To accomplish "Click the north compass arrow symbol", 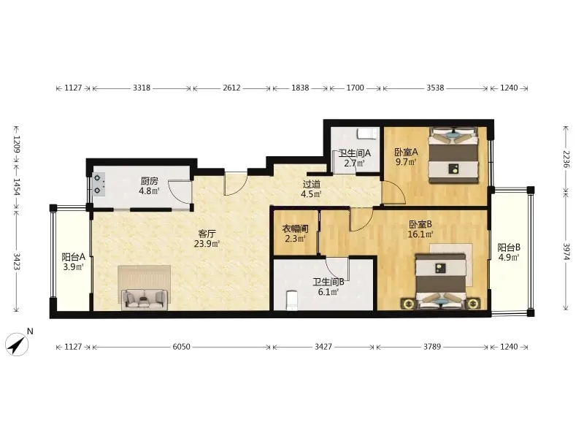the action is point(17,345).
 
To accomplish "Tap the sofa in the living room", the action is point(145,299).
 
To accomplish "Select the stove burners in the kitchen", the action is point(99,185).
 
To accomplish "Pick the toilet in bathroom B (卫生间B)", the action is point(291,300).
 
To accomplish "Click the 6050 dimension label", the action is point(181,347).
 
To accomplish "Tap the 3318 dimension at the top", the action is point(142,88).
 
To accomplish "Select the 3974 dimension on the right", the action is point(566,253).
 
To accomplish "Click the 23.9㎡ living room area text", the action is point(207,244).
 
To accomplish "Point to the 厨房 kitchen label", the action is point(150,181).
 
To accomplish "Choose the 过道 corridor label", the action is point(312,184).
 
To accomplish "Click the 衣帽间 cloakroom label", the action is point(295,228).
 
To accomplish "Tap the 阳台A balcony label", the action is point(74,257).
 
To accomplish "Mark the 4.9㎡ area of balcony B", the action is point(509,257).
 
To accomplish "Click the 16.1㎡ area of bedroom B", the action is point(420,234).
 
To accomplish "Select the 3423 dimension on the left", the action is point(17,261).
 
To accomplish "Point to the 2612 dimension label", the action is point(231,88).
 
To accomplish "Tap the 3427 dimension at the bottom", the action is point(323,347).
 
